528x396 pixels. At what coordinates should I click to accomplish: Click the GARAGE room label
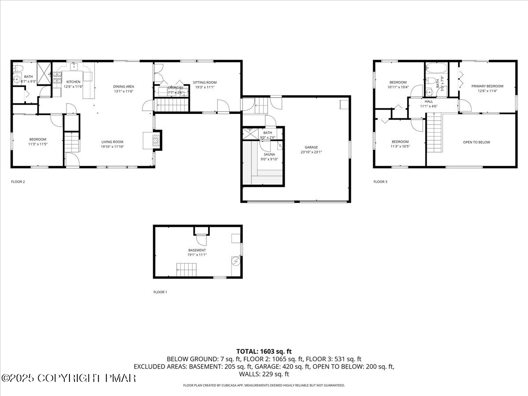pos(311,147)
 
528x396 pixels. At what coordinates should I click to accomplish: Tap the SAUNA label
pos(269,154)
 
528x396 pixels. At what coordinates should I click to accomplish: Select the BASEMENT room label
pos(197,250)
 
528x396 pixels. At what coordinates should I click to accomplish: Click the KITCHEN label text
pos(73,82)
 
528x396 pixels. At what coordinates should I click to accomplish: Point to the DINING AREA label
pos(124,86)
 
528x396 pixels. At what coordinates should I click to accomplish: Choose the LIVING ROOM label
pos(113,142)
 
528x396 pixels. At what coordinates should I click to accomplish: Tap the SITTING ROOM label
pos(205,82)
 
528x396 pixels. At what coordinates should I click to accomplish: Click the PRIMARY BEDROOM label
pos(487,86)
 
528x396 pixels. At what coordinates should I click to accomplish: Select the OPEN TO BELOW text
pos(476,142)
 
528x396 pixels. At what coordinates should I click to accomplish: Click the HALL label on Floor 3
pos(429,101)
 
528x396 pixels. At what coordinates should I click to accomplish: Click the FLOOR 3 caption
pos(380,181)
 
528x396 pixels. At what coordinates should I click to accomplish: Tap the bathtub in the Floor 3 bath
pos(436,68)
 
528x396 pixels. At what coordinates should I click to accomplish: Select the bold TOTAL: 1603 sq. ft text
pos(264,351)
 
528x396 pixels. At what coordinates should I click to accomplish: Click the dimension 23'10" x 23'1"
pos(311,152)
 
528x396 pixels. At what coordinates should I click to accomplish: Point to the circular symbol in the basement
pos(235,261)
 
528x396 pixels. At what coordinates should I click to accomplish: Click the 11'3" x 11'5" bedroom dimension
pos(37,144)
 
